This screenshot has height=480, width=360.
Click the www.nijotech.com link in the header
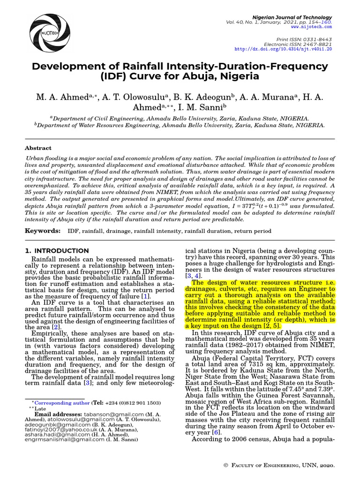coord(315,27)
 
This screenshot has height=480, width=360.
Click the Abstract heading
coord(38,148)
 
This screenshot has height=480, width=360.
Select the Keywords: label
coord(43,231)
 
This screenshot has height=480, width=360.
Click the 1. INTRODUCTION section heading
coord(57,251)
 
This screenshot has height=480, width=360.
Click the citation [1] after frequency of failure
coord(146,296)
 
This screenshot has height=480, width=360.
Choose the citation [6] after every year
coord(216,433)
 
